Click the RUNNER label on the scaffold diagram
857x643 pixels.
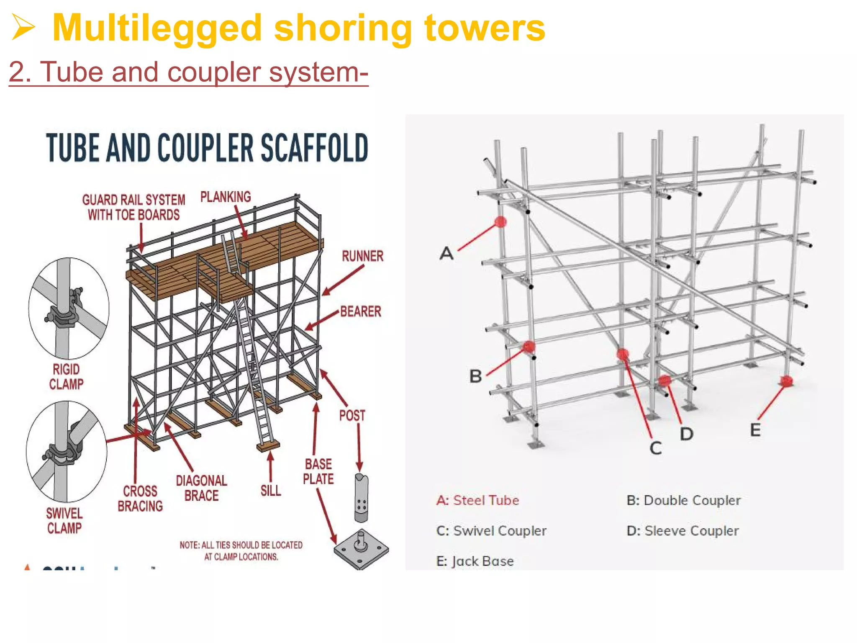(362, 256)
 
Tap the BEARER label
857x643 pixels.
(360, 311)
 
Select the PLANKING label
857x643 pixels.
(226, 197)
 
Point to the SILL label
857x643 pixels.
(271, 491)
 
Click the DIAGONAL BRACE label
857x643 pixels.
(201, 488)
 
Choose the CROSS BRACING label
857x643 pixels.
(140, 499)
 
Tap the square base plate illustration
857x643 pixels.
(361, 549)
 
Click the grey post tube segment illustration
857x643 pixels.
(361, 498)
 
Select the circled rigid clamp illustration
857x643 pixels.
(69, 309)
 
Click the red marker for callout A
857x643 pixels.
(500, 222)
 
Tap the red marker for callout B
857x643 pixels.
(529, 347)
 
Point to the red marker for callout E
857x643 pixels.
(786, 381)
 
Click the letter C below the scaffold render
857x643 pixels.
(656, 448)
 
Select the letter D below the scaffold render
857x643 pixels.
(686, 434)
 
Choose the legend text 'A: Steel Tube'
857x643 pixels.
(477, 500)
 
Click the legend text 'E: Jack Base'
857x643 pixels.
(475, 561)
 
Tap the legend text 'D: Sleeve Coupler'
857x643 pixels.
(683, 531)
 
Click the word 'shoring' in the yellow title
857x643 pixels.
(343, 28)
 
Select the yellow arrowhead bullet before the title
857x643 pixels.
(23, 27)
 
